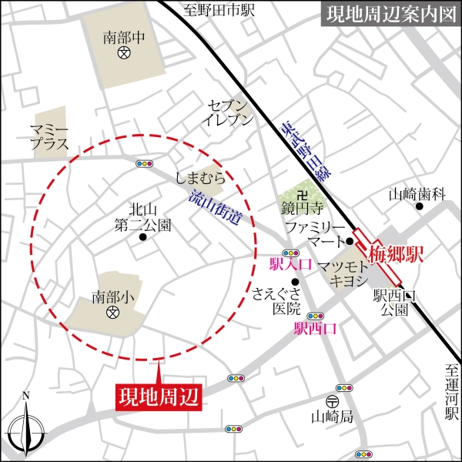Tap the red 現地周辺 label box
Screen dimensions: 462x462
[x=158, y=397]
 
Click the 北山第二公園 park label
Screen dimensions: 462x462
[x=142, y=216]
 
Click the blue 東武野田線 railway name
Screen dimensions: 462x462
[x=301, y=153]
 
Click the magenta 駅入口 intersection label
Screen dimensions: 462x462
[x=290, y=266]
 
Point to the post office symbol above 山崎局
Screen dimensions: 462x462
[x=332, y=401]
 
